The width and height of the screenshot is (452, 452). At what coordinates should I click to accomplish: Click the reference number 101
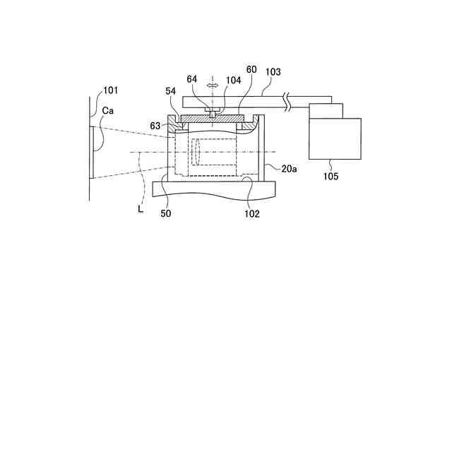click(111, 90)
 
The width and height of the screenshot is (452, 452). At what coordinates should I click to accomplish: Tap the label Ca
click(108, 112)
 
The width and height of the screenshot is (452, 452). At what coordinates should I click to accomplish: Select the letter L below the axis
click(141, 209)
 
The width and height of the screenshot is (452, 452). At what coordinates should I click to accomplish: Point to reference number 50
click(165, 213)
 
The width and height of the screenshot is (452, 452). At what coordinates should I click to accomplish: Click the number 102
click(252, 213)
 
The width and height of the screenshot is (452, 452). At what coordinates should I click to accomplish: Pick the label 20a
click(288, 169)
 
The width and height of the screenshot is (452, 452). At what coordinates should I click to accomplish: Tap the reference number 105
click(331, 176)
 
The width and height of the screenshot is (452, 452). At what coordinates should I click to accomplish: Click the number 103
click(273, 71)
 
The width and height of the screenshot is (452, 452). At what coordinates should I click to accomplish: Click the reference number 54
click(170, 93)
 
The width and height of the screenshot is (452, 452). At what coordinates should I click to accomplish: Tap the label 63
click(155, 125)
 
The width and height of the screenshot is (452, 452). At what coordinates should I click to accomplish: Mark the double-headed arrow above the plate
click(211, 85)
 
